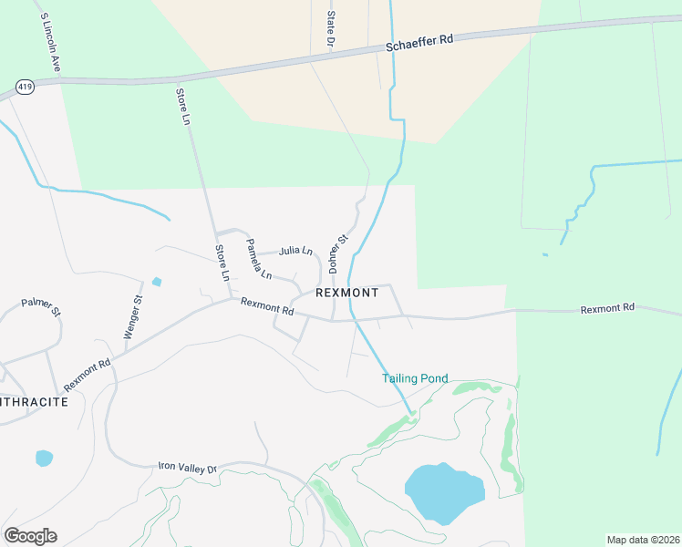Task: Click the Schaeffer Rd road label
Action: pos(419,41)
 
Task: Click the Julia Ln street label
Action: pos(295,250)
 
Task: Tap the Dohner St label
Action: pos(338,254)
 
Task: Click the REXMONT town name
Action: pos(346,293)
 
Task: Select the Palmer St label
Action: pos(41,306)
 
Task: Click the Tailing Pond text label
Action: pos(415,378)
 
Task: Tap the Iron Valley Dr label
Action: pos(186,468)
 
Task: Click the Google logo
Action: pos(30,535)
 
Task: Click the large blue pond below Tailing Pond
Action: pos(443,493)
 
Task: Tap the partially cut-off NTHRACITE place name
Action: pos(34,401)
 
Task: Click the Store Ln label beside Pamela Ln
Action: pos(222,262)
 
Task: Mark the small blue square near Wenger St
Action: pos(157,282)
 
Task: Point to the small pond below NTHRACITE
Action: pos(44,458)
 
